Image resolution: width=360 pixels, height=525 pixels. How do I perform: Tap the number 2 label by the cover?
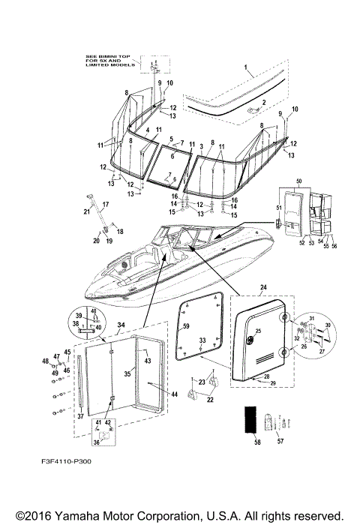pos(262,101)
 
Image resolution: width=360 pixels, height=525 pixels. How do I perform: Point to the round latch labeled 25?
pos(257,331)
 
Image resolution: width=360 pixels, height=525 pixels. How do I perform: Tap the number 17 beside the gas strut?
pos(105,205)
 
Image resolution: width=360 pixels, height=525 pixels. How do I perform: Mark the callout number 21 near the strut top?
pos(86,212)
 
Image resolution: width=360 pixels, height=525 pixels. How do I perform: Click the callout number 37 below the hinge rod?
pos(79,415)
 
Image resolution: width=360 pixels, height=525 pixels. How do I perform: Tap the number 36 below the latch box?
pos(95,442)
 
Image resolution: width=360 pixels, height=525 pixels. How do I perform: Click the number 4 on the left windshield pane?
pos(148,130)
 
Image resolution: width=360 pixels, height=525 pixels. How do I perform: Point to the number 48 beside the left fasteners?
pos(45,361)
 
